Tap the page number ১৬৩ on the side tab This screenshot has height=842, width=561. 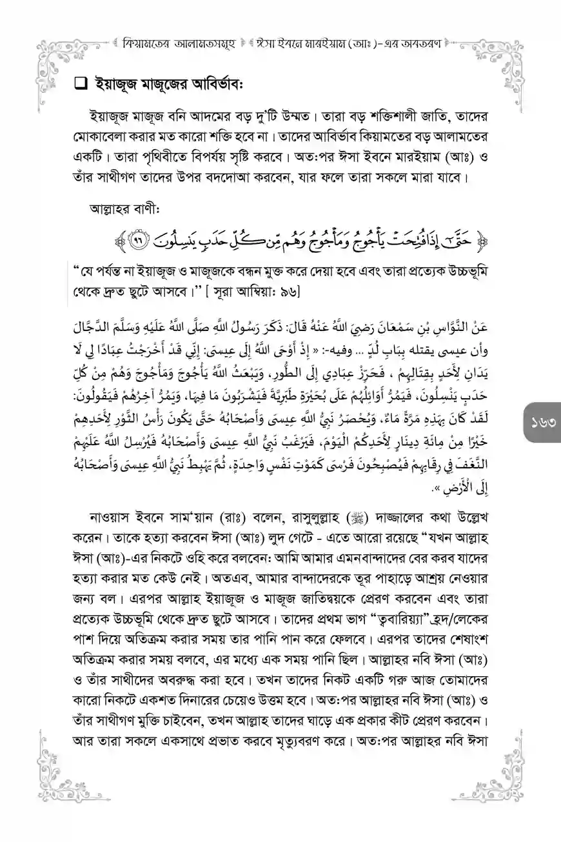(x=540, y=425)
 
